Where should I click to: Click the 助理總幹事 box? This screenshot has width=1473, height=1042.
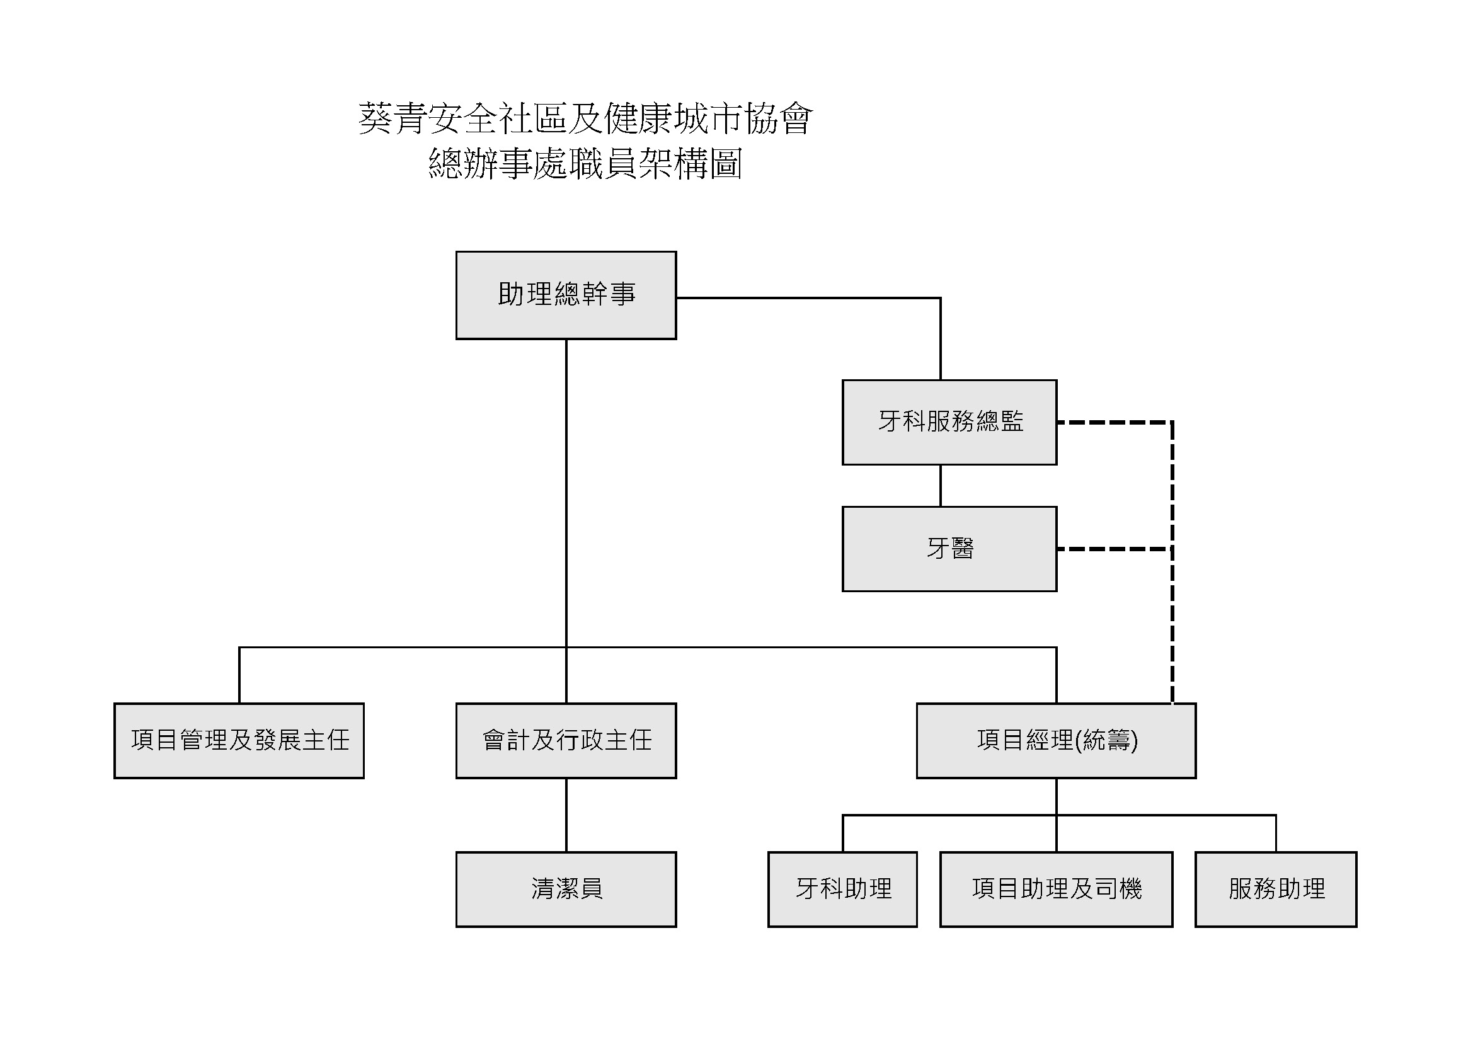pos(566,295)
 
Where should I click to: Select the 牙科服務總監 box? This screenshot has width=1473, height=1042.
pos(949,422)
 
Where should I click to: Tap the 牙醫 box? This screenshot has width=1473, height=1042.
pos(949,549)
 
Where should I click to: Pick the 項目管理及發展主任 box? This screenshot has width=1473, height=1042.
pos(239,741)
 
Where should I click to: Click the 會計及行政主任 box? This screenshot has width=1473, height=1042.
pos(566,741)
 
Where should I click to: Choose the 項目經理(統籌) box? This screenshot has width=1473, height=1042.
pos(1056,741)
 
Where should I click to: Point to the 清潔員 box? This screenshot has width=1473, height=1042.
pos(566,890)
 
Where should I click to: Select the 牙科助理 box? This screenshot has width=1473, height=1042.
pos(842,890)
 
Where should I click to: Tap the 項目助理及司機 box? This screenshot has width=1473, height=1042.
pos(1056,890)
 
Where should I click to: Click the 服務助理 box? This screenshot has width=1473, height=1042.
pos(1276,890)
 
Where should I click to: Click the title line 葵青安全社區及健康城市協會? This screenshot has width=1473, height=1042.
pos(586,119)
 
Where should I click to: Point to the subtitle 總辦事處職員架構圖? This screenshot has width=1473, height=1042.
pos(586,164)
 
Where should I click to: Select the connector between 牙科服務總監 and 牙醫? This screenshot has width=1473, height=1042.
pos(941,486)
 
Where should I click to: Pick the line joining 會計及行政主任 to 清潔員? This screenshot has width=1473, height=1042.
pos(566,815)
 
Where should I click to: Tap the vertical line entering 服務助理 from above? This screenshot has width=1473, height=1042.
pos(1276,833)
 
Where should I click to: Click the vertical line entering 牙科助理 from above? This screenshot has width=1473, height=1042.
pos(842,833)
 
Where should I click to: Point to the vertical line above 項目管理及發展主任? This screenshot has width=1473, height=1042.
pos(239,675)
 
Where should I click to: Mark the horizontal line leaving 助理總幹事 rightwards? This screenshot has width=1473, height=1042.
pos(808,298)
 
